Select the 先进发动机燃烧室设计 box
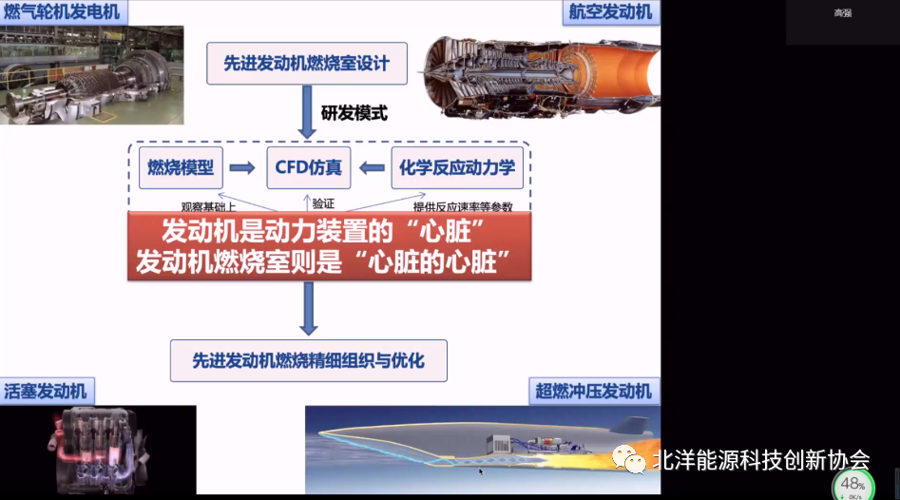pyautogui.click(x=307, y=64)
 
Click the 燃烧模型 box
pyautogui.click(x=181, y=168)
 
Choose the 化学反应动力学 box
pyautogui.click(x=457, y=168)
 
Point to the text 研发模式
pyautogui.click(x=354, y=112)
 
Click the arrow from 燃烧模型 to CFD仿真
pyautogui.click(x=242, y=168)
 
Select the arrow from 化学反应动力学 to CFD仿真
pyautogui.click(x=370, y=168)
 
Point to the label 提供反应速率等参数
pyautogui.click(x=462, y=206)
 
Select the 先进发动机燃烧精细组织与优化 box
pyautogui.click(x=307, y=360)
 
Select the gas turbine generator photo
pyautogui.click(x=92, y=75)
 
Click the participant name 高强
pyautogui.click(x=842, y=12)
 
